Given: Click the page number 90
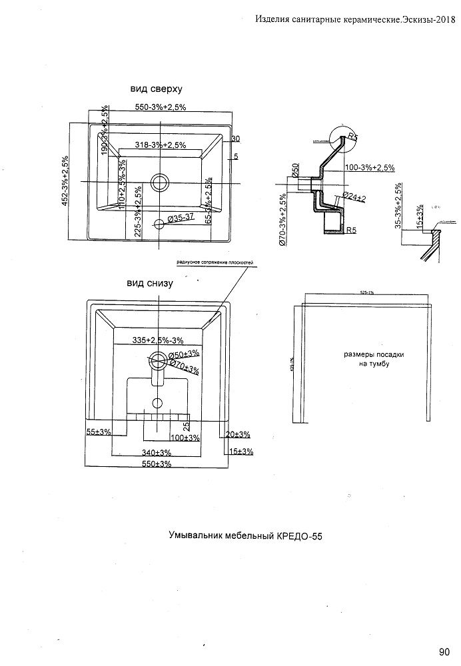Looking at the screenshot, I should [444, 651].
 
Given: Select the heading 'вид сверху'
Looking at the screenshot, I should [156, 89].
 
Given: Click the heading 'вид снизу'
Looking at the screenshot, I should [150, 282].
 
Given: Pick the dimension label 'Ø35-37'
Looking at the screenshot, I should [181, 218].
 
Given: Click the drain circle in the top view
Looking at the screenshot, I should [160, 181].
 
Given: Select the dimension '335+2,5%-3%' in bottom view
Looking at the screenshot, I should [159, 340].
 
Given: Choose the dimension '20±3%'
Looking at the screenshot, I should [238, 434].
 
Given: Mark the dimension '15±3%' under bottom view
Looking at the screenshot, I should [240, 452].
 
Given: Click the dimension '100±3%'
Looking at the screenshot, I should [185, 438].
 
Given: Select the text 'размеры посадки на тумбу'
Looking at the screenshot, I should [366, 360].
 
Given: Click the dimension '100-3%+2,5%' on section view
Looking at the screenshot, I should [370, 167].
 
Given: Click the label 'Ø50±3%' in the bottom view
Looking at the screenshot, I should [185, 354].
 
